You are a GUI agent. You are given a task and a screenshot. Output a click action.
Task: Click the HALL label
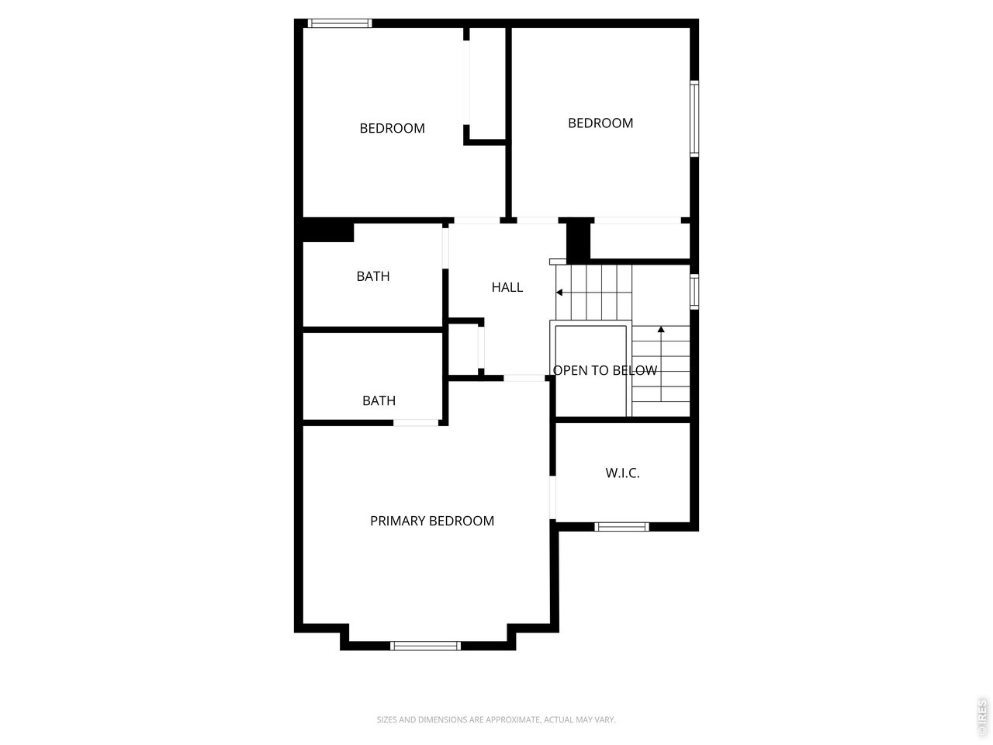pos(507,287)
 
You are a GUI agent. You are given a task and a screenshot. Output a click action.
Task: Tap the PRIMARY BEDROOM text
pos(431,521)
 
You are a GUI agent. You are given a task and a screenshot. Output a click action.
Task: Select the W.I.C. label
pos(622,473)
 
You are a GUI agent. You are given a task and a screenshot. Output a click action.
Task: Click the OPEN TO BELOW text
pos(605,370)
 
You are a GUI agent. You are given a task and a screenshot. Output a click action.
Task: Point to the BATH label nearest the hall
pos(373,276)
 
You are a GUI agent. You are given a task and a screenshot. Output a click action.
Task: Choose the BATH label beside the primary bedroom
pos(379,400)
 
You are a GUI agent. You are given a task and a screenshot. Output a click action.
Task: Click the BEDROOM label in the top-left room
pos(392,129)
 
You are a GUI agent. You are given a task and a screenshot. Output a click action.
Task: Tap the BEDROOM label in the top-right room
pos(600,123)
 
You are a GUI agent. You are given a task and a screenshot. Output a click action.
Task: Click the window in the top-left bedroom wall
pos(339,23)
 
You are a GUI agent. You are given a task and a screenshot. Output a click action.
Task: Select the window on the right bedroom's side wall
pos(694,119)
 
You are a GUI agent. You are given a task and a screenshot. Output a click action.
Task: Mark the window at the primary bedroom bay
pos(425,646)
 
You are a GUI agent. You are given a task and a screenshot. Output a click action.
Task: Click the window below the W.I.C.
pos(621,526)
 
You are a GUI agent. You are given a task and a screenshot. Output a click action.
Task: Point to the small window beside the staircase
pos(694,292)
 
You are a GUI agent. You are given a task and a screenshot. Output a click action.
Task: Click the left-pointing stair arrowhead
pos(559,293)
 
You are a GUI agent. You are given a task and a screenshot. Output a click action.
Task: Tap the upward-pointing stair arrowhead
pos(661,329)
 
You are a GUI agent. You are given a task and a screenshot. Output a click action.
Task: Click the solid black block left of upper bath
pos(328,230)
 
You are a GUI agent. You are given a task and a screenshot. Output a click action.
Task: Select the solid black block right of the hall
pos(578,241)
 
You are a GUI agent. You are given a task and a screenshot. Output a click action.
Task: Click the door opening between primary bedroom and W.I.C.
pos(552,497)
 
